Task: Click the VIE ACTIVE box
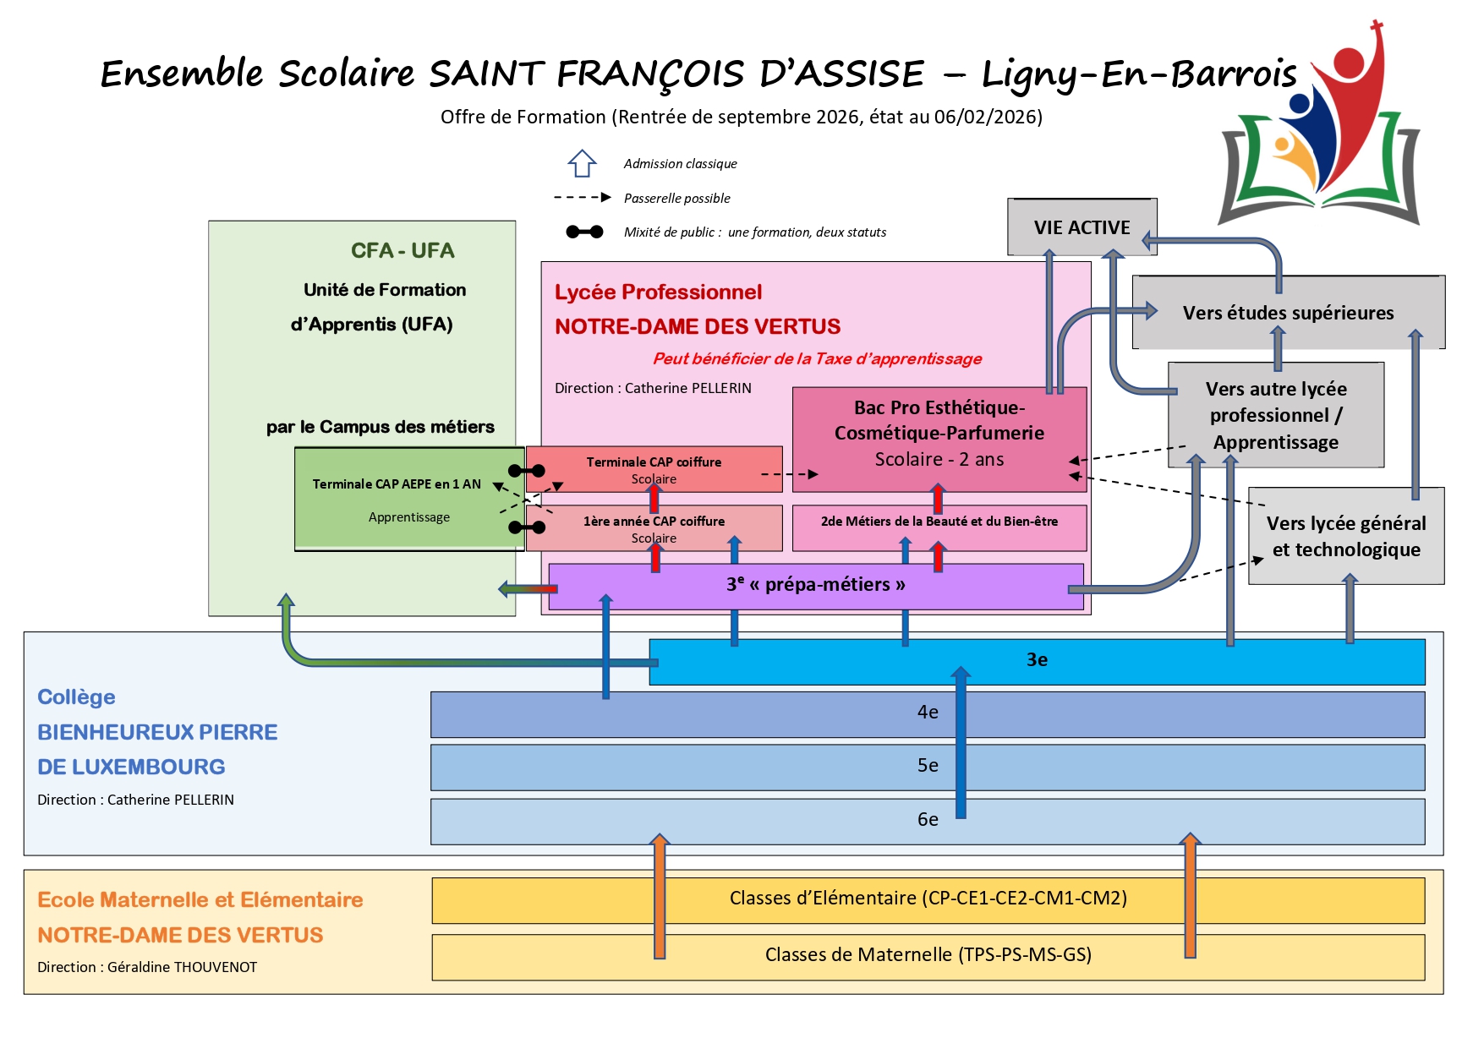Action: coord(1082,227)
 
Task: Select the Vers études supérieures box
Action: coord(1288,313)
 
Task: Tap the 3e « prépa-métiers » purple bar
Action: coord(815,585)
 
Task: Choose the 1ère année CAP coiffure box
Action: coord(654,528)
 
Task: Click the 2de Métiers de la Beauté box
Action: coord(939,522)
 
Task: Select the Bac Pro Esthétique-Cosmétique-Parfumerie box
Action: coord(939,434)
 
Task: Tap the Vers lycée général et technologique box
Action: coord(1345,536)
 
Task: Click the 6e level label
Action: coord(928,819)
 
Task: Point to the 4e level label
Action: coord(928,713)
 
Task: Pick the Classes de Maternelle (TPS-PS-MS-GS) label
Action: coord(928,955)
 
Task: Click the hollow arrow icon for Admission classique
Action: coord(582,163)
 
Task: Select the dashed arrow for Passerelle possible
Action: coord(582,198)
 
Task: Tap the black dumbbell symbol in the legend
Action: coord(584,232)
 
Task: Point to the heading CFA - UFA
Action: coord(402,251)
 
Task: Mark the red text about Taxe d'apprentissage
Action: coord(817,358)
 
